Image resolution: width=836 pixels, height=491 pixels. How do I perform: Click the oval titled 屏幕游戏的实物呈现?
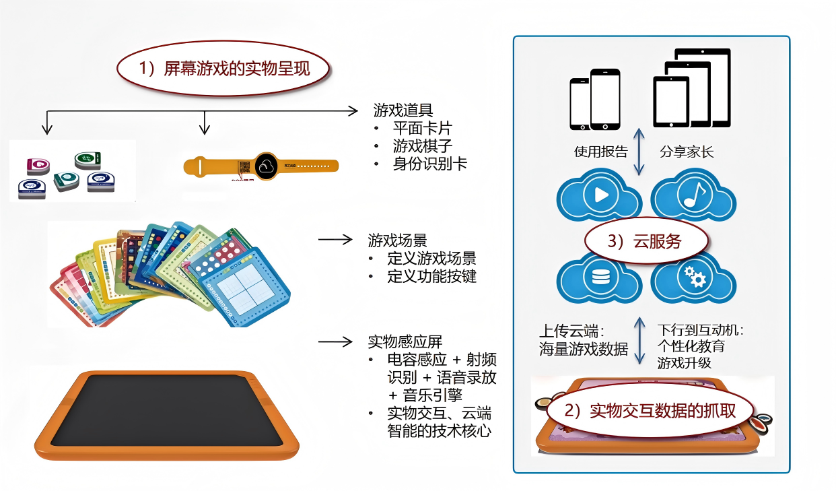[225, 68]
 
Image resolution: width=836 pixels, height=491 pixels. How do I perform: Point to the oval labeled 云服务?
[644, 242]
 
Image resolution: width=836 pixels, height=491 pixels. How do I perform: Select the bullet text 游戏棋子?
[423, 145]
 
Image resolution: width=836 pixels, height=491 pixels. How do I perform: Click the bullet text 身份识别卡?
[430, 164]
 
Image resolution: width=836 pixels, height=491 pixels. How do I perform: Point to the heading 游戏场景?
[397, 240]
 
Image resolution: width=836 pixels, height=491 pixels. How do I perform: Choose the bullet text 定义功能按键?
[432, 276]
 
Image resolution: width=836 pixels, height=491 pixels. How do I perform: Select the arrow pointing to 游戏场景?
[335, 239]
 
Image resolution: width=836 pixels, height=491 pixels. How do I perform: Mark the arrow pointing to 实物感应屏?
[335, 341]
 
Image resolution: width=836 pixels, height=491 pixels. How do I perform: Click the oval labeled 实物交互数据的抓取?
[650, 411]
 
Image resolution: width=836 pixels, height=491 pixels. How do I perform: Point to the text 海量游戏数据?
[584, 349]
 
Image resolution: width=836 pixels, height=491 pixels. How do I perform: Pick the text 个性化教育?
[691, 347]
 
